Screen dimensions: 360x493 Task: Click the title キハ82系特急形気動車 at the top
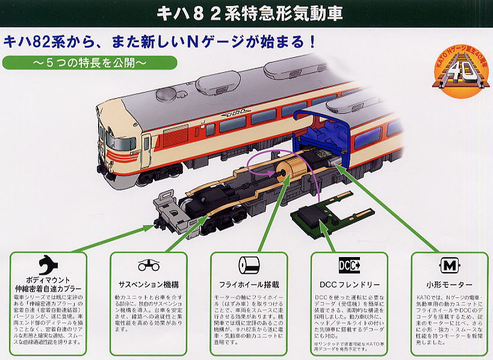(x=246, y=13)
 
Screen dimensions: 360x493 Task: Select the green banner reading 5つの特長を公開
(x=90, y=63)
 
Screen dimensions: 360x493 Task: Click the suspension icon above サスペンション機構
(x=149, y=265)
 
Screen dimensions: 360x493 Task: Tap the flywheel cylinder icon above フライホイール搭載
(x=249, y=265)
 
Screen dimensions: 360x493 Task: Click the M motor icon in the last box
(x=448, y=265)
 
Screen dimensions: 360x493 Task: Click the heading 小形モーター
(x=448, y=284)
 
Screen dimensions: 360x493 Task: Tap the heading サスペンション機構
(x=149, y=284)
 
